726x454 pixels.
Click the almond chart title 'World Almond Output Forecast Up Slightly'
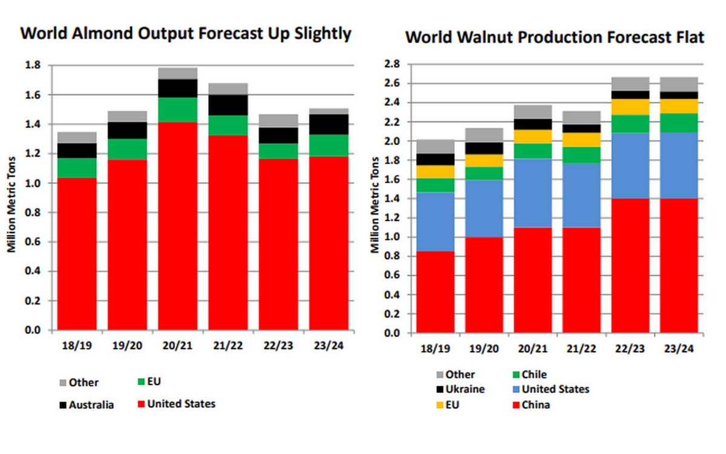[x=185, y=33]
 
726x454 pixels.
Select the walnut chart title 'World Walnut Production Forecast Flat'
[x=555, y=38]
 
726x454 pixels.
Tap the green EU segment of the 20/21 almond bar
[x=177, y=110]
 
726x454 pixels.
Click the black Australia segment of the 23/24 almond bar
[x=328, y=124]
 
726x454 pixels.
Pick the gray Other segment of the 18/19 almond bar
[x=77, y=137]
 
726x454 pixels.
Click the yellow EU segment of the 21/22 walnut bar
[x=581, y=140]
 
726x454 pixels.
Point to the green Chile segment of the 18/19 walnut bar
[x=434, y=185]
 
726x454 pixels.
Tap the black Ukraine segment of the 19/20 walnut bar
[x=483, y=148]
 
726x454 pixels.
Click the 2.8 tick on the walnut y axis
[x=393, y=64]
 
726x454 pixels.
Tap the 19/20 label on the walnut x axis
[x=483, y=350]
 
